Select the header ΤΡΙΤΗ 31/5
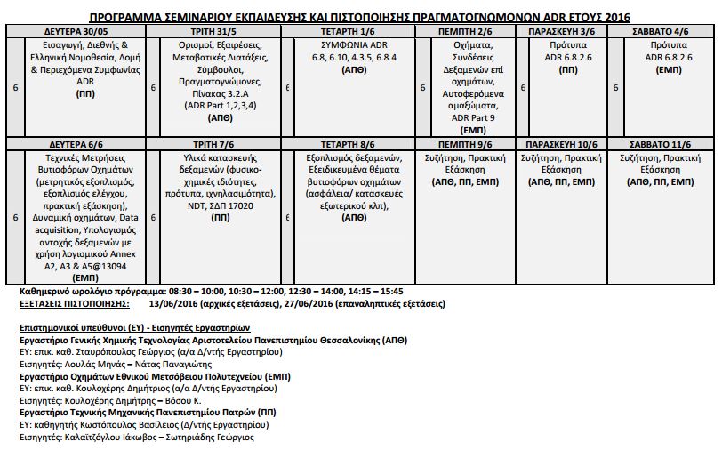coord(218,30)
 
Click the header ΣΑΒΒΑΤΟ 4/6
coord(663,30)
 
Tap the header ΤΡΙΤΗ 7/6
coord(218,144)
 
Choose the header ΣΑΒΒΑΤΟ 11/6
coord(663,144)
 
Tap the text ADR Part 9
coord(473,117)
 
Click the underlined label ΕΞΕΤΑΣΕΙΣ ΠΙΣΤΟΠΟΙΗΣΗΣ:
coord(74,303)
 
